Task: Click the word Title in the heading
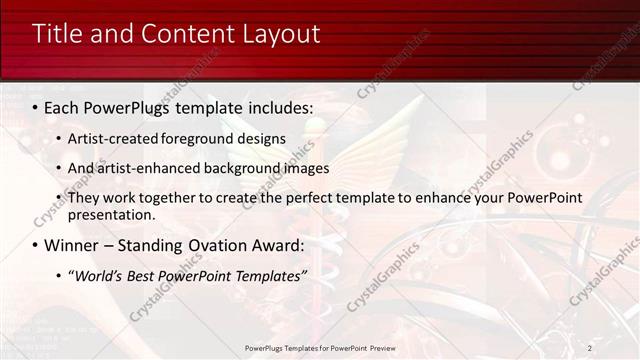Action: tap(60, 34)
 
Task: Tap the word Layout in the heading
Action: tap(281, 34)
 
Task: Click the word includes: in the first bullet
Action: tap(276, 106)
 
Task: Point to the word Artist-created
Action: tap(113, 138)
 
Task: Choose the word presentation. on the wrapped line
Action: tap(111, 214)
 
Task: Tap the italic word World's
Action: tap(98, 276)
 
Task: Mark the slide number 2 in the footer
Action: tap(590, 348)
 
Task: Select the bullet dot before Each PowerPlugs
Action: tap(35, 107)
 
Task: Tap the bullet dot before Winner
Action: tap(35, 246)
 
